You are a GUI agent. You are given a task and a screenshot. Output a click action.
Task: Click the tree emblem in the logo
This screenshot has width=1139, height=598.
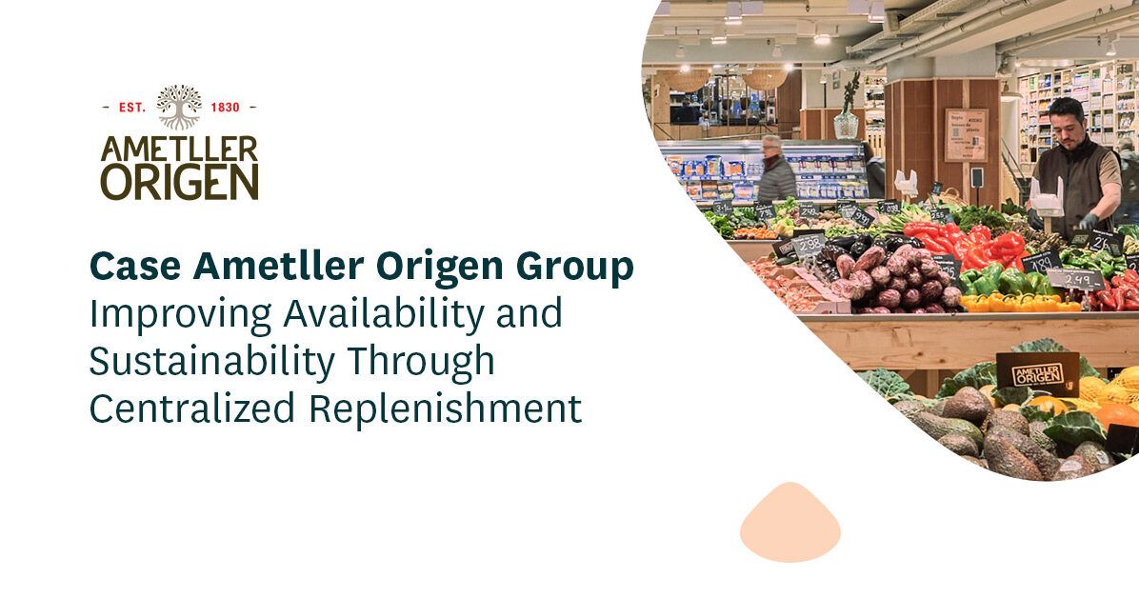pyautogui.click(x=179, y=106)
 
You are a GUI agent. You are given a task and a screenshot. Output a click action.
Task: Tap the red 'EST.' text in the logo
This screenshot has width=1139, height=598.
pyautogui.click(x=131, y=108)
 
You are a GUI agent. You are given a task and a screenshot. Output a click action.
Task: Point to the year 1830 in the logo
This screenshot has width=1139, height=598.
pyautogui.click(x=225, y=108)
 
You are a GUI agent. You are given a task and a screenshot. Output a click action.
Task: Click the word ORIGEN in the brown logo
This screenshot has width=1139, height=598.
pyautogui.click(x=179, y=182)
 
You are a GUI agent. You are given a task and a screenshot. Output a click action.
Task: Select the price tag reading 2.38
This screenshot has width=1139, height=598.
pyautogui.click(x=808, y=245)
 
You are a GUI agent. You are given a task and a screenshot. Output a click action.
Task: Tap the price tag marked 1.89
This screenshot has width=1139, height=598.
pyautogui.click(x=1041, y=260)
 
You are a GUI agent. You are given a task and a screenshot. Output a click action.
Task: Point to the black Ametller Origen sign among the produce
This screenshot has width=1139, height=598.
pyautogui.click(x=1037, y=370)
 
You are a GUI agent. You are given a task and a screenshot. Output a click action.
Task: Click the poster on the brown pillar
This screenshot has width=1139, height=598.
pyautogui.click(x=966, y=134)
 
